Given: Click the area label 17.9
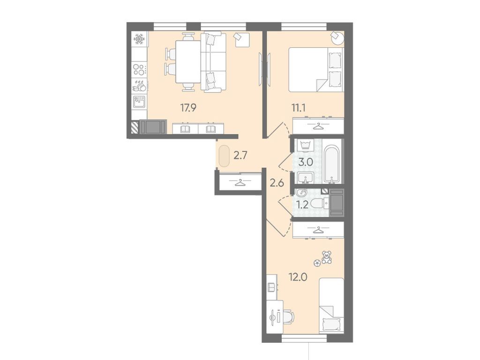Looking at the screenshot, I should (x=188, y=107).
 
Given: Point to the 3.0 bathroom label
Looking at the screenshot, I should (x=306, y=163).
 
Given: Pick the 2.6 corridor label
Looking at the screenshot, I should (x=277, y=183).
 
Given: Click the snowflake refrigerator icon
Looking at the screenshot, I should (x=139, y=40).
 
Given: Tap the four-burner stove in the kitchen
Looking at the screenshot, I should (x=139, y=70).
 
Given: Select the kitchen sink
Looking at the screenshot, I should (x=139, y=101).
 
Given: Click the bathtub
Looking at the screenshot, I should (x=331, y=164).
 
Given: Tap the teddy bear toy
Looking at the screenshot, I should (x=326, y=256).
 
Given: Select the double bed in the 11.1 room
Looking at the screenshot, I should (x=315, y=70).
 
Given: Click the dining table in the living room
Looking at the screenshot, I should (x=188, y=61).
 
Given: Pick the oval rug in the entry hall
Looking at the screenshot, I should (x=224, y=156).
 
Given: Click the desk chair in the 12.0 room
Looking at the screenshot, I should (x=287, y=317).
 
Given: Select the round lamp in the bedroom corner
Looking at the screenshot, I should (x=337, y=38).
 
